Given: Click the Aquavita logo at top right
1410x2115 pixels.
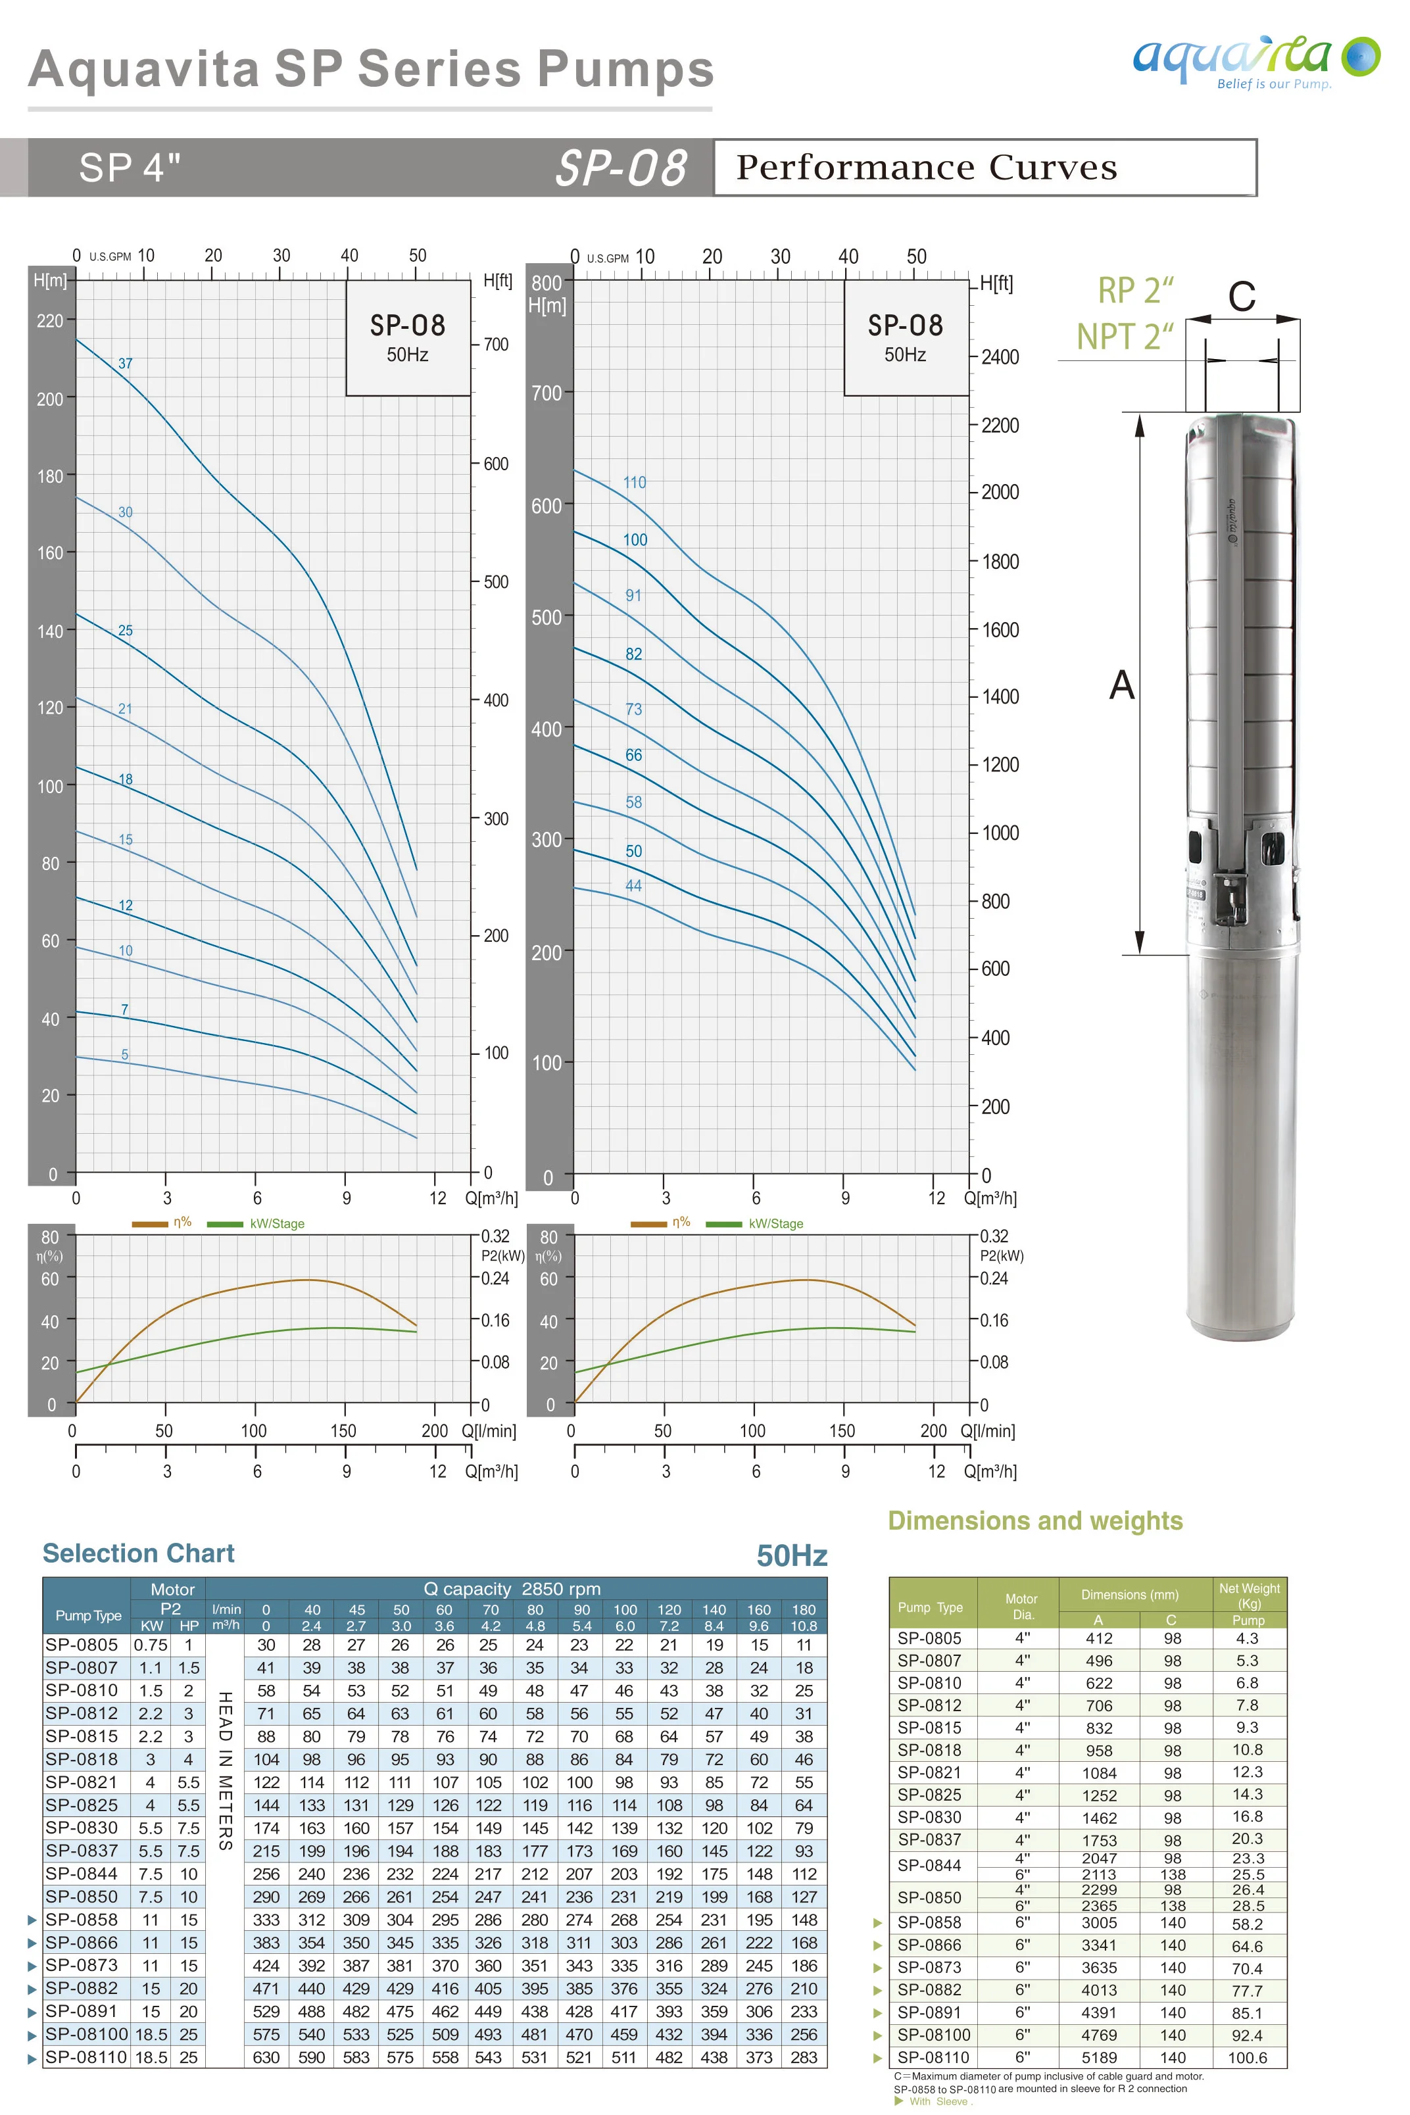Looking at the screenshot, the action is click(1255, 61).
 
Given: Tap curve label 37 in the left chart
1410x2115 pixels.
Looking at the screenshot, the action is click(125, 363).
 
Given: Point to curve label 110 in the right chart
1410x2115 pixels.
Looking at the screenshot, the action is click(635, 482).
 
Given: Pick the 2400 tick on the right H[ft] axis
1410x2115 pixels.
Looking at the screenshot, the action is click(1000, 357).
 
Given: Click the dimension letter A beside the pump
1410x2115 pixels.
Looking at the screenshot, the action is click(1121, 685).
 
